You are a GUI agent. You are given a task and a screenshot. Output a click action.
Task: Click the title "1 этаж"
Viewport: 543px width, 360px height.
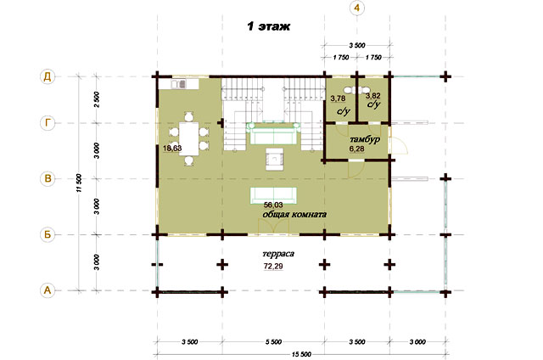pyautogui.click(x=268, y=26)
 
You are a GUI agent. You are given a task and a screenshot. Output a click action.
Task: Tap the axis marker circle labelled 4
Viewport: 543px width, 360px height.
pyautogui.click(x=357, y=8)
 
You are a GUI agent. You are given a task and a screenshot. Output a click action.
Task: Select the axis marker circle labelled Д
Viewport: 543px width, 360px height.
pyautogui.click(x=48, y=76)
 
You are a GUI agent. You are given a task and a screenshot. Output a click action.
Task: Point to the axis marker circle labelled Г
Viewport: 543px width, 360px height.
pyautogui.click(x=48, y=122)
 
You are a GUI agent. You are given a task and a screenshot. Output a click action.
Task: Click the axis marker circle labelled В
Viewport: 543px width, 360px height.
pyautogui.click(x=48, y=179)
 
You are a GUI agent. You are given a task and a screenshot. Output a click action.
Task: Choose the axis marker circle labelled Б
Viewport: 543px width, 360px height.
pyautogui.click(x=48, y=234)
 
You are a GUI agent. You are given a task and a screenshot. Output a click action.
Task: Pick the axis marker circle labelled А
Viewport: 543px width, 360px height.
pyautogui.click(x=48, y=290)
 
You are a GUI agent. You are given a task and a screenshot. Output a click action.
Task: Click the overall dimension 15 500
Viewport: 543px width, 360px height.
pyautogui.click(x=301, y=354)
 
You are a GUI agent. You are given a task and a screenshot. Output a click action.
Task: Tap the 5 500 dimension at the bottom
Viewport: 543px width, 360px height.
pyautogui.click(x=273, y=342)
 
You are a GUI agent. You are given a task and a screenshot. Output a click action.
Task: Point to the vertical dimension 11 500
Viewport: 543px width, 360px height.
pyautogui.click(x=79, y=183)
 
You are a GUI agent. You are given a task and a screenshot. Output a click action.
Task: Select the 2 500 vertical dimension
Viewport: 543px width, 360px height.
pyautogui.click(x=97, y=99)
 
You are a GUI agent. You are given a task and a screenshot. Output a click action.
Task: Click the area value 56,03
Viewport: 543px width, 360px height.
pyautogui.click(x=273, y=205)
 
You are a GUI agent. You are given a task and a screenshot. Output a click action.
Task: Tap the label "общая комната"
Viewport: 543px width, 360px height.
pyautogui.click(x=294, y=215)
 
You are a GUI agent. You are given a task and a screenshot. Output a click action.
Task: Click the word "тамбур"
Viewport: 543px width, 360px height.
pyautogui.click(x=365, y=139)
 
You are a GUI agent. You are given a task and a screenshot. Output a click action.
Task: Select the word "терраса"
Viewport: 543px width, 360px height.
pyautogui.click(x=278, y=254)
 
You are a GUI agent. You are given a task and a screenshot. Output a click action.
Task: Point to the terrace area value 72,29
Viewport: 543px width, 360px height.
pyautogui.click(x=273, y=267)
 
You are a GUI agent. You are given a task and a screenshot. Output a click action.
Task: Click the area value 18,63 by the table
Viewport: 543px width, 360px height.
pyautogui.click(x=172, y=149)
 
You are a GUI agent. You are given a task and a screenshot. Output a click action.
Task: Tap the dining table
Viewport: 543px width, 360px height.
pyautogui.click(x=188, y=139)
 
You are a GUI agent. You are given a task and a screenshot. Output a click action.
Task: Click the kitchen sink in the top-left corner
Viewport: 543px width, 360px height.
pyautogui.click(x=179, y=84)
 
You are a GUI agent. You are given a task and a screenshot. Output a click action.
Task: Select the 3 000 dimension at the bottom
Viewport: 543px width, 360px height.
pyautogui.click(x=417, y=342)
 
